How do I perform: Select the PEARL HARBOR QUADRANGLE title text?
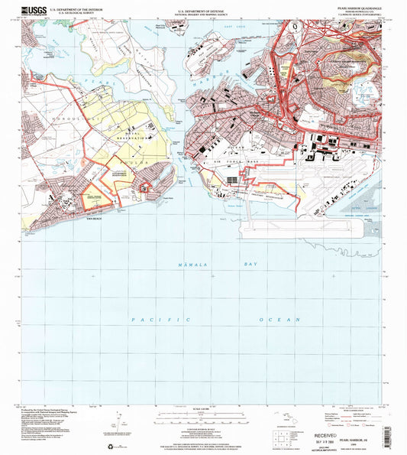[358, 8]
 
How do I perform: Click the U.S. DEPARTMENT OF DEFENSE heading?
[202, 8]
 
